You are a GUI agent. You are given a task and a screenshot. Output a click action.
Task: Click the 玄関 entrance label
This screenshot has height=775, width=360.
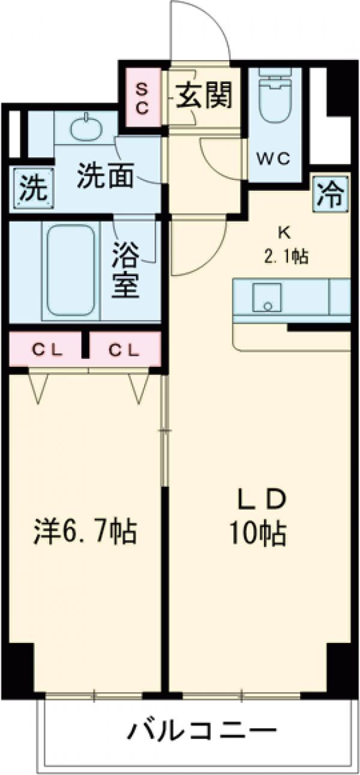click(203, 95)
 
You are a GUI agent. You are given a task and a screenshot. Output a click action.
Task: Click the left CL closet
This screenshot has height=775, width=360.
click(45, 349)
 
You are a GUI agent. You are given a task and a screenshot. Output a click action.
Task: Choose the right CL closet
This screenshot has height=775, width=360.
click(125, 349)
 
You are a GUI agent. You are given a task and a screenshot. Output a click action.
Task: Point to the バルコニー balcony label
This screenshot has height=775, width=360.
click(202, 731)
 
